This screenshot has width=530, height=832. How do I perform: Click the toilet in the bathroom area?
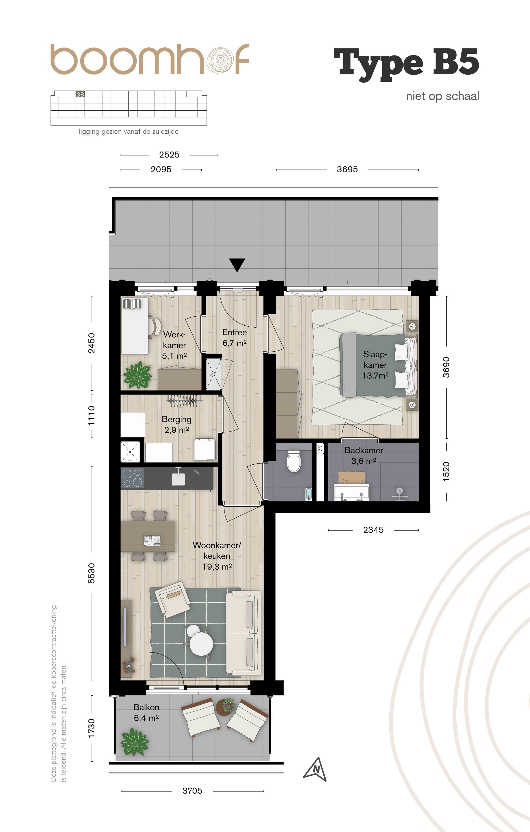(294, 461)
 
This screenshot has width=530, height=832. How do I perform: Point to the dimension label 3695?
(347, 169)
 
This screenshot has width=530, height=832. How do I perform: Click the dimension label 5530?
(91, 573)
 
